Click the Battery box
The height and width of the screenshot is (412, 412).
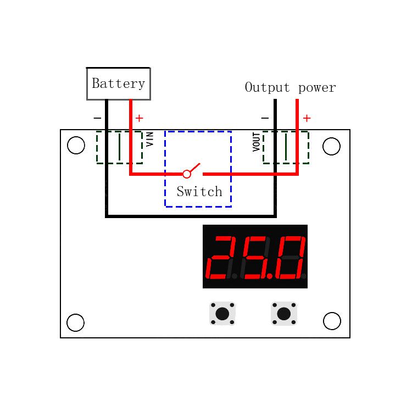[x=118, y=83]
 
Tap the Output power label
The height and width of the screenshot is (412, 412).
[x=290, y=87]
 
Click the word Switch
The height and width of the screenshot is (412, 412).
[x=199, y=192]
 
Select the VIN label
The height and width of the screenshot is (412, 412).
[x=150, y=138]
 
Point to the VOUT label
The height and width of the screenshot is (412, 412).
[x=257, y=142]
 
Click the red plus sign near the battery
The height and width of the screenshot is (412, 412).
[x=140, y=118]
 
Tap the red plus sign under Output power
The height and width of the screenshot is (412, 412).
[x=307, y=118]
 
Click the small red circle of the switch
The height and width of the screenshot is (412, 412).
[x=187, y=174]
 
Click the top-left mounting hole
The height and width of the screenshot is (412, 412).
[x=76, y=146]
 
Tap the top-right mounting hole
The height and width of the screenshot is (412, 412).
[x=331, y=147]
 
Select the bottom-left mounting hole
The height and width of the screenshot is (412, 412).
[x=75, y=322]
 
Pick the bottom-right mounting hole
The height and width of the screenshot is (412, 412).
[x=332, y=321]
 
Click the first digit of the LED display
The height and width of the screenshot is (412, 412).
[x=221, y=257]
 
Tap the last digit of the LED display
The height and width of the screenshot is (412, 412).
[x=291, y=257]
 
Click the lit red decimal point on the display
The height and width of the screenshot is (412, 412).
[x=270, y=276]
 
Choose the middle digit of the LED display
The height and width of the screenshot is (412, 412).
[x=256, y=257]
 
